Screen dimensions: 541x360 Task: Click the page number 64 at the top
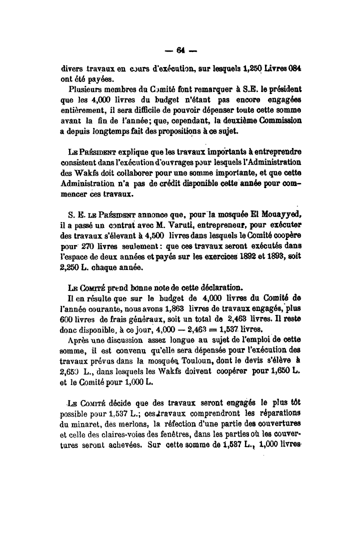coord(180,49)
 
